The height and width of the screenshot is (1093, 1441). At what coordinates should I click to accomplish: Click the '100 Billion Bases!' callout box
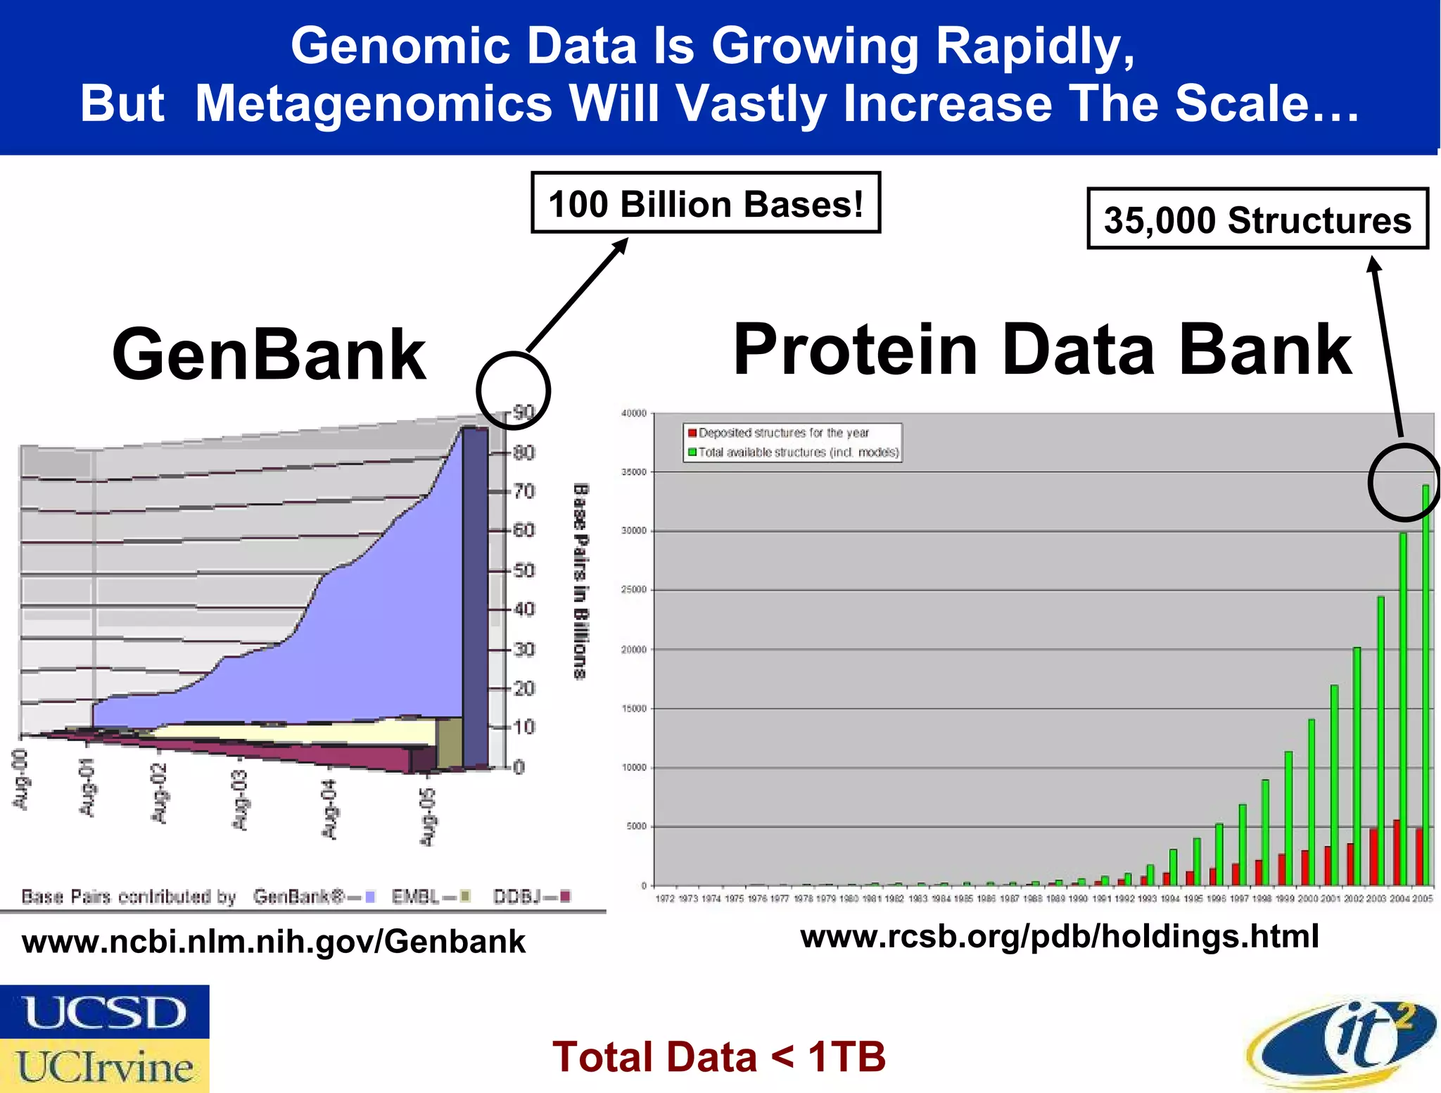705,203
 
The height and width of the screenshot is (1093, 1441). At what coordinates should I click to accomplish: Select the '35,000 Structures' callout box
1257,220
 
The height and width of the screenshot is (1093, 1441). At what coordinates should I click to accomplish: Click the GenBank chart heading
269,354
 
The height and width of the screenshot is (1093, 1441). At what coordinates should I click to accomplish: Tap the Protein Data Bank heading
1042,349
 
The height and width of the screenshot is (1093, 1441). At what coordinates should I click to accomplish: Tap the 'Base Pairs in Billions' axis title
580,581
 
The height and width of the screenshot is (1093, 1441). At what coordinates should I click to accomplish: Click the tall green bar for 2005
1426,683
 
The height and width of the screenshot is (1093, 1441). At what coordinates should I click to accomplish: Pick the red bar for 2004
1397,852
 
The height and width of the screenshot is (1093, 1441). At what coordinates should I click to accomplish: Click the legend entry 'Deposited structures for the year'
783,433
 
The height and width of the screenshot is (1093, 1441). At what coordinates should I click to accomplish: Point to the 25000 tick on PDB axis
633,590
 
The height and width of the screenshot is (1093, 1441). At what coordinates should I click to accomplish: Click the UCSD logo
104,1011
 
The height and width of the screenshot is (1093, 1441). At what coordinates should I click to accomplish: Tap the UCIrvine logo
104,1066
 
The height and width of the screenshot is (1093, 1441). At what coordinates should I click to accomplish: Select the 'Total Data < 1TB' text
718,1056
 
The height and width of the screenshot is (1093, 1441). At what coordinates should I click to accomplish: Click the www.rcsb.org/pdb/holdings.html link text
1059,936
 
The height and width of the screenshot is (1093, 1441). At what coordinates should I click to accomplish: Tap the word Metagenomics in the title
373,103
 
